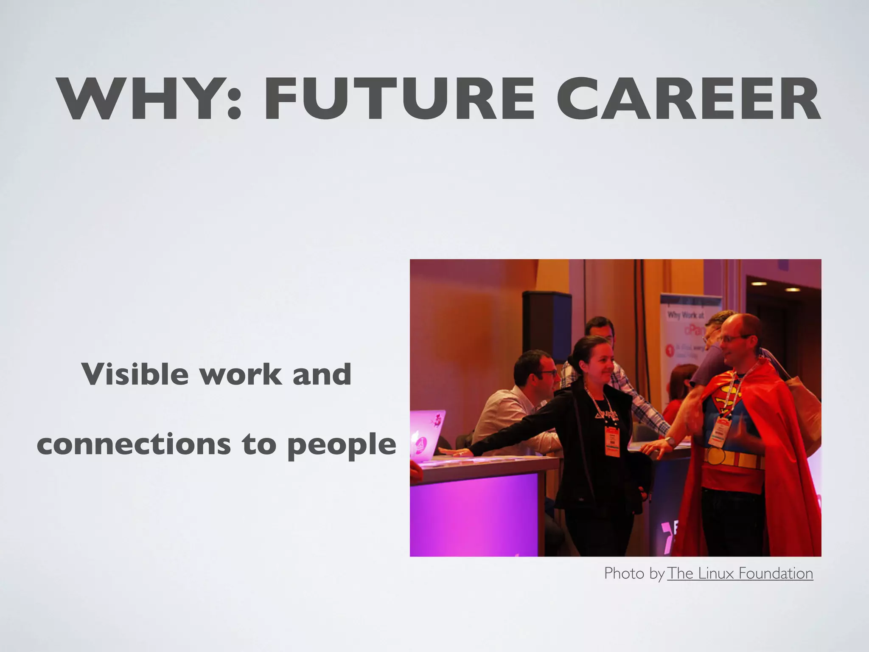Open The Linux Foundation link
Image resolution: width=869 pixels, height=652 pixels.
click(x=740, y=573)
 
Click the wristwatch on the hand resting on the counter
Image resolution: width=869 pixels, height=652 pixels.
click(x=670, y=441)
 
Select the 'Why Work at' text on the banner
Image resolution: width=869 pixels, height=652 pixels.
click(x=686, y=315)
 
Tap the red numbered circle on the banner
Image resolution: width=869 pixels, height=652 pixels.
click(x=670, y=350)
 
